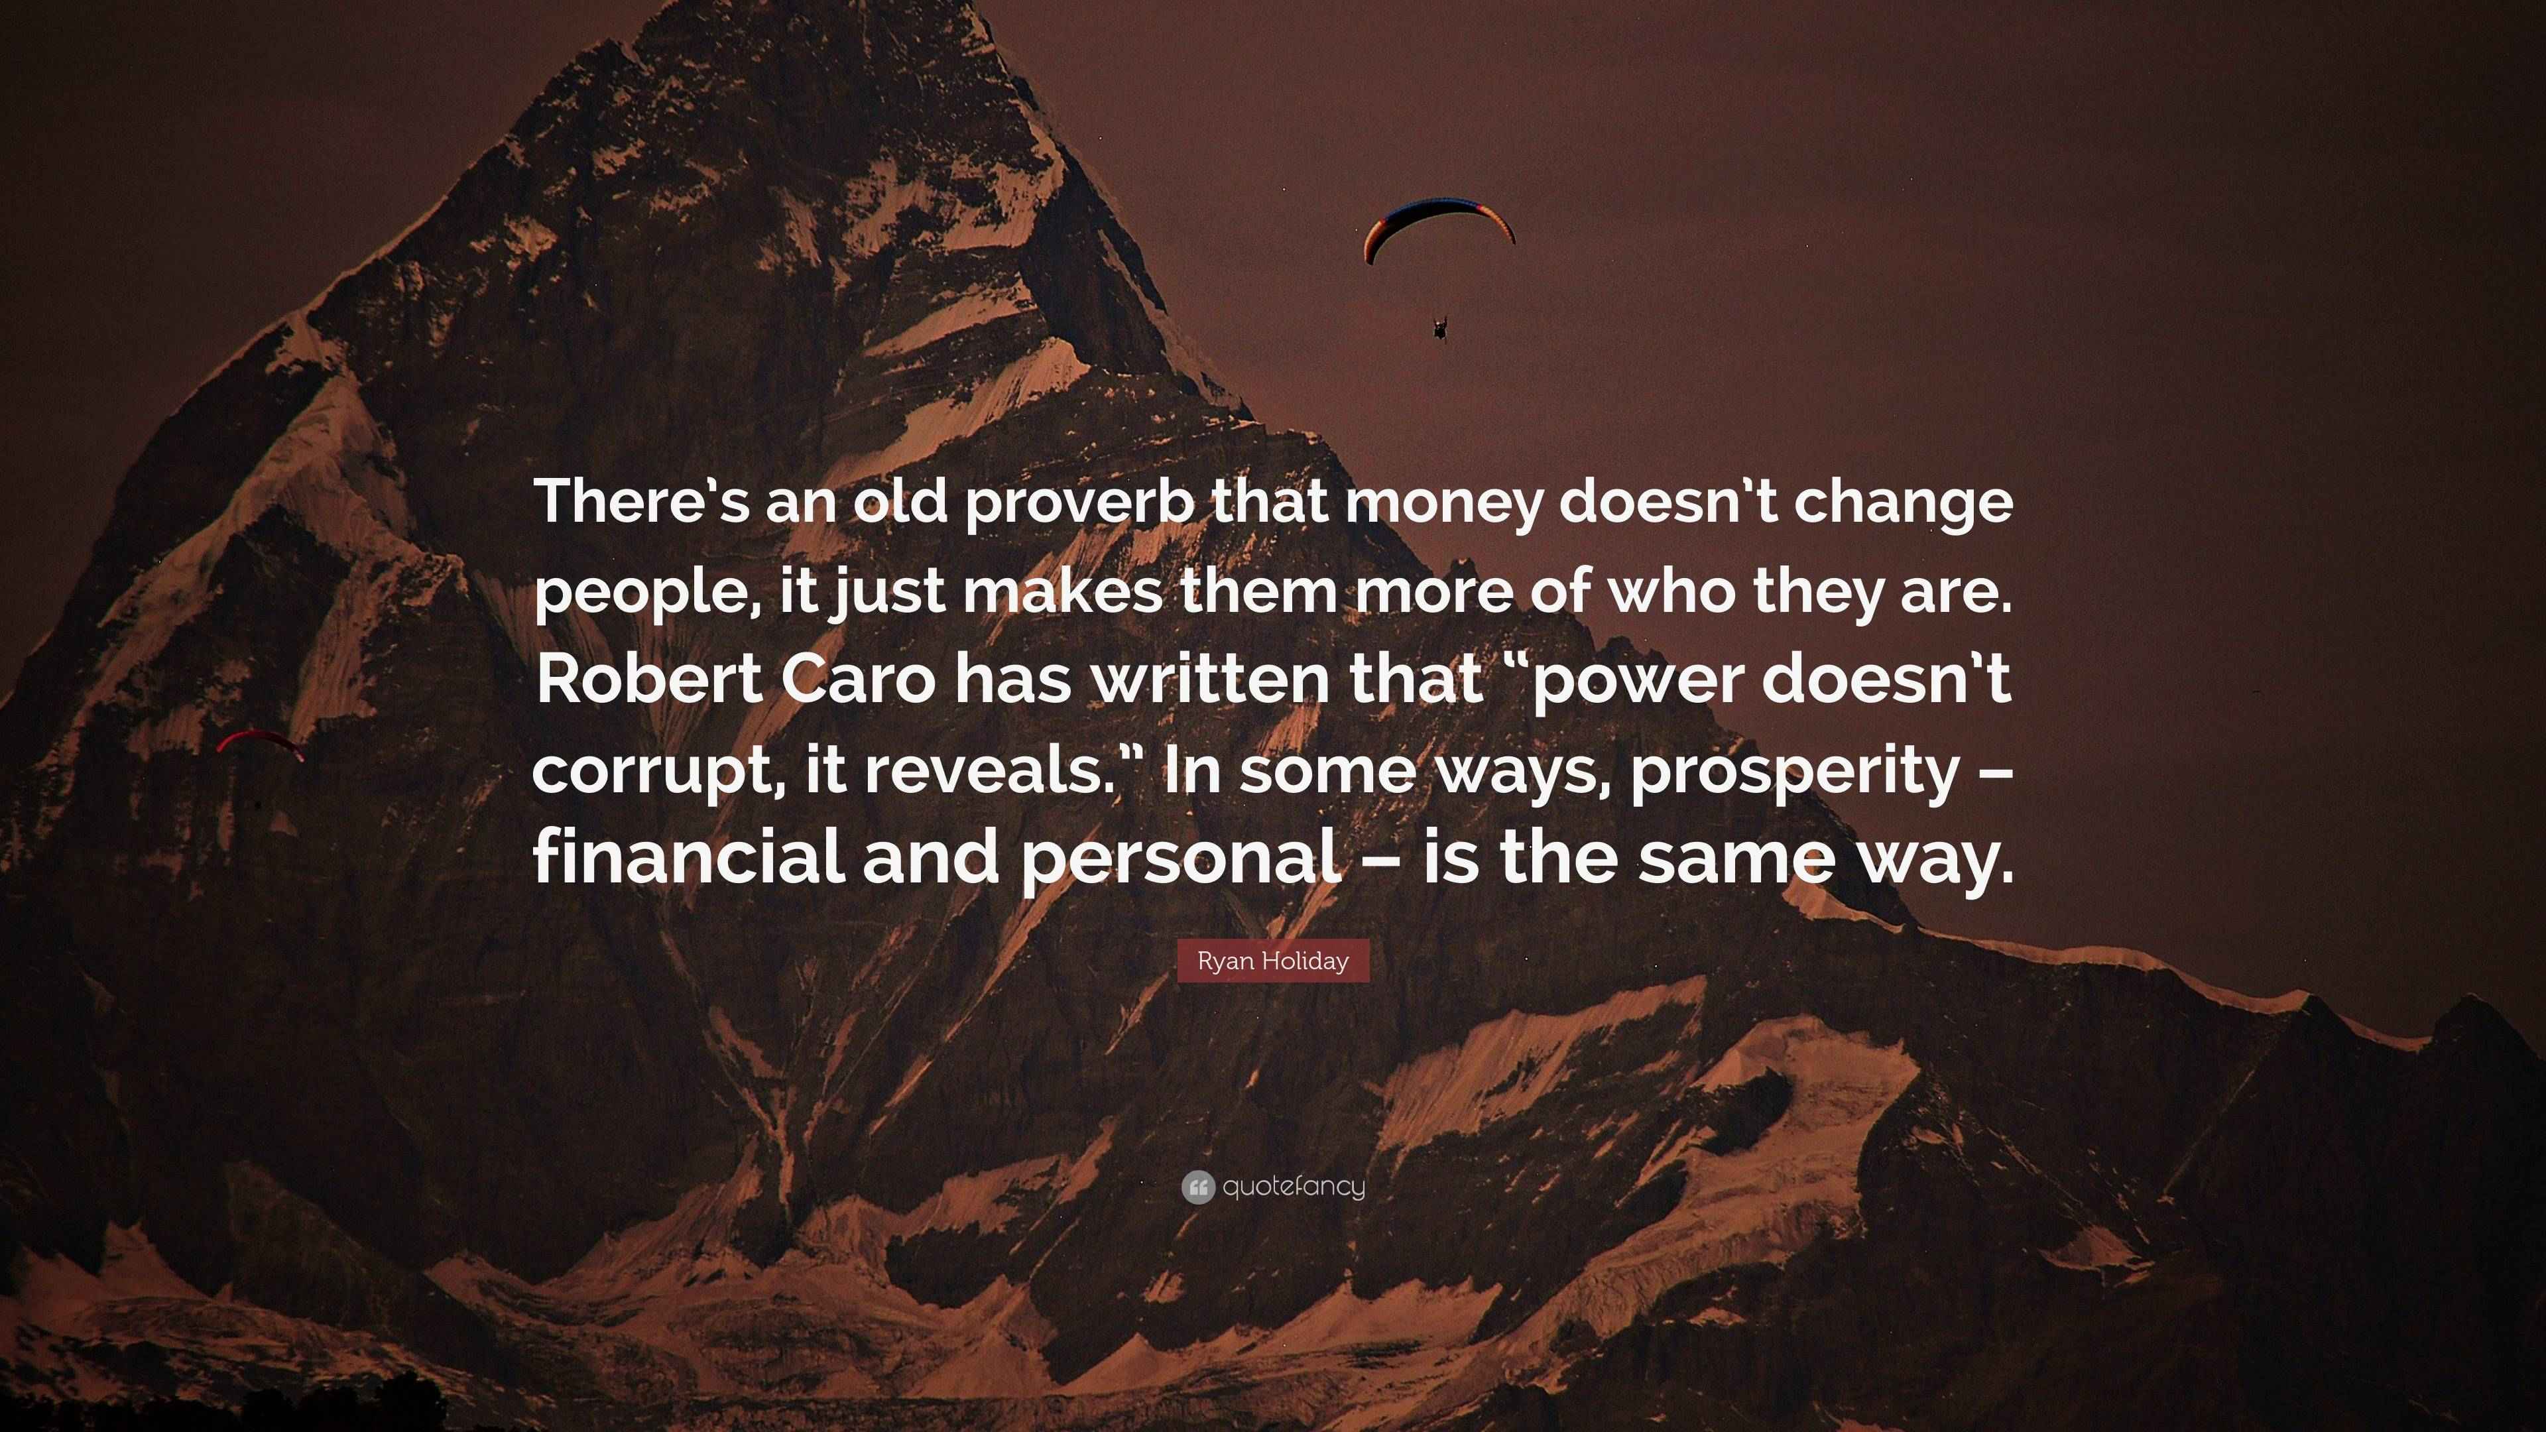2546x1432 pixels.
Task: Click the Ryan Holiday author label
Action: (1273, 961)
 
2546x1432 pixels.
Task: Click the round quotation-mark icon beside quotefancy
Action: (1198, 1187)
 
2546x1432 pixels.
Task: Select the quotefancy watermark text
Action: (1294, 1187)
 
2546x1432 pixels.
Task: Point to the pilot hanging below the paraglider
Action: (1440, 327)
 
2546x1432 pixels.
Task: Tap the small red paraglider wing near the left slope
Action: (260, 743)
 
